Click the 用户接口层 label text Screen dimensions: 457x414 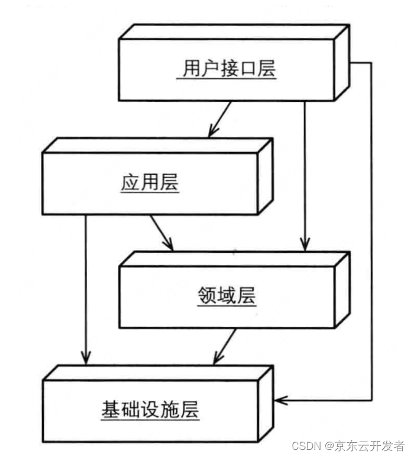tap(228, 69)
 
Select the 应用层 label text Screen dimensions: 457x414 tap(150, 183)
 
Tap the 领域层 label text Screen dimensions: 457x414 tap(227, 296)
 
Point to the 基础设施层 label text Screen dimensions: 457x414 tap(150, 410)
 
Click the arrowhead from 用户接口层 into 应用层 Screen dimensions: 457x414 tap(212, 132)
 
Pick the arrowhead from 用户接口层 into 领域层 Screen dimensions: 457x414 tap(304, 244)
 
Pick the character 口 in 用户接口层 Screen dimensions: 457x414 tap(247, 69)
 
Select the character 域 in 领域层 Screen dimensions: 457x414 tap(227, 296)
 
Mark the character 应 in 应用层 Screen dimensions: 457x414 tap(130, 183)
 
